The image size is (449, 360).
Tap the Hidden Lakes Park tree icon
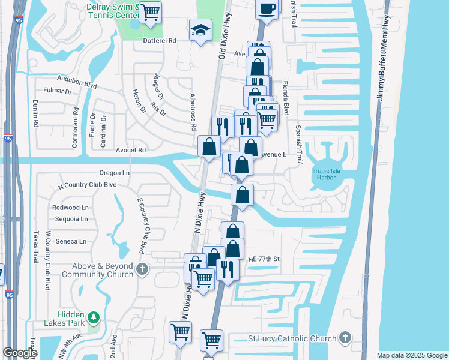[x=92, y=317]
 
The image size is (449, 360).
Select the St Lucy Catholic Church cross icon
[x=345, y=338]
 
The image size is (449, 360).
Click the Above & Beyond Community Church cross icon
[x=142, y=268]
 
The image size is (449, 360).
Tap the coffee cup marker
[x=267, y=8]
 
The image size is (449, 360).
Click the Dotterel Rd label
[x=159, y=41]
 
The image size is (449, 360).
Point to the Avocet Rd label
[x=131, y=150]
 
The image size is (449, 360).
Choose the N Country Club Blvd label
[x=87, y=185]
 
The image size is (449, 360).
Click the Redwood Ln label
[x=70, y=208]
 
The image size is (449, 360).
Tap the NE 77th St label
[x=264, y=259]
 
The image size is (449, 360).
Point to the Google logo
[x=20, y=353]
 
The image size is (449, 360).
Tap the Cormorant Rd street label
[x=76, y=119]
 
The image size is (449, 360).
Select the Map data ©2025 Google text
[x=411, y=355]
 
